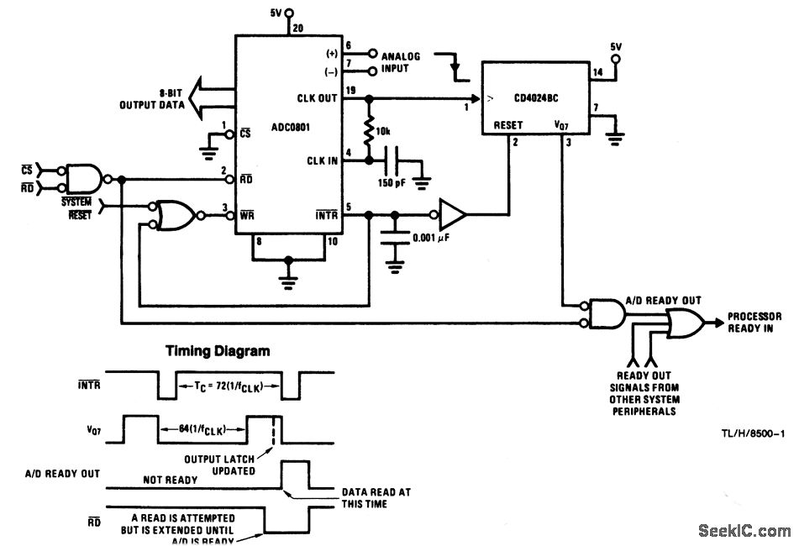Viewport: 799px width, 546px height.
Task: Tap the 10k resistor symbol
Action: tap(367, 131)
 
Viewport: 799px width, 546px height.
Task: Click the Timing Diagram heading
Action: tap(217, 351)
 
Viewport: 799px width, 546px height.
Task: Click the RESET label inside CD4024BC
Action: tap(508, 125)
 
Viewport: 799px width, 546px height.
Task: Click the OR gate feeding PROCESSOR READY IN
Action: tap(685, 322)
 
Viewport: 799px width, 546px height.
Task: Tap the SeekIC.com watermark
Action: tap(744, 530)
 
